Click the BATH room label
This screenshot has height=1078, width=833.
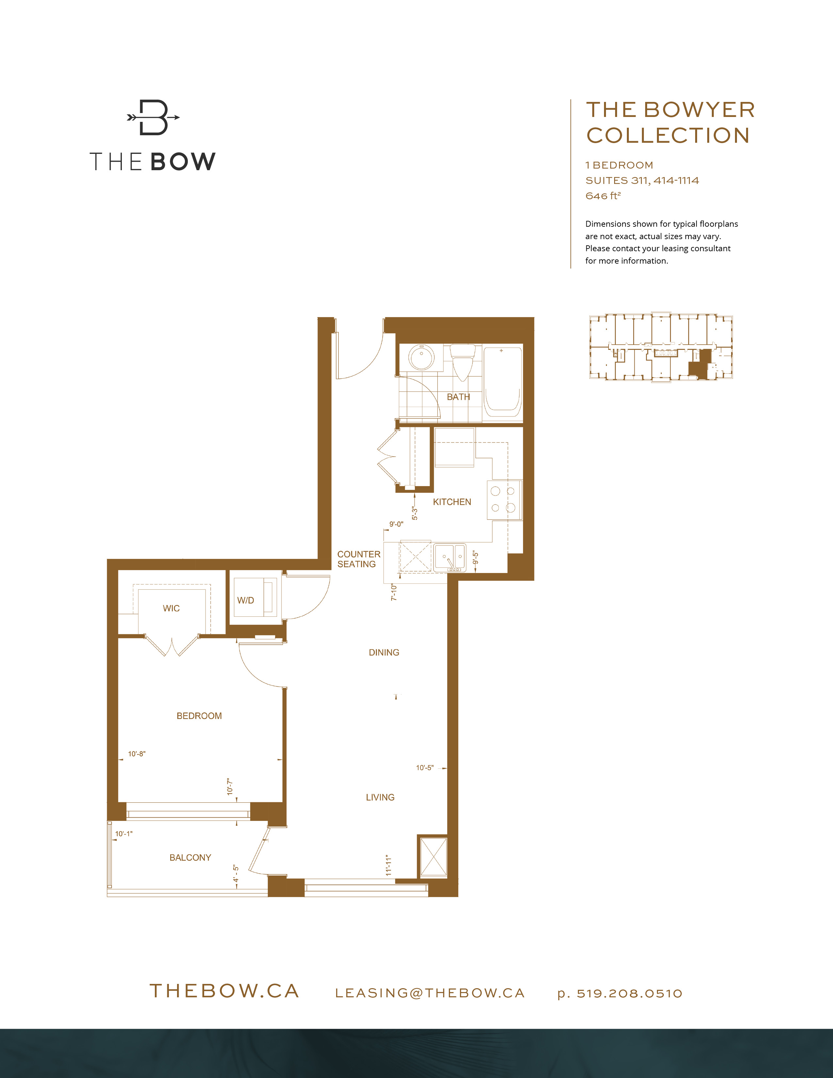click(458, 397)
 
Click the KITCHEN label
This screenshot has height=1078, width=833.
click(451, 502)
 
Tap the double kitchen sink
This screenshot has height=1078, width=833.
click(449, 557)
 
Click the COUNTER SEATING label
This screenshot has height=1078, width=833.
click(358, 559)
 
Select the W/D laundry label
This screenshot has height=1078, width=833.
click(245, 600)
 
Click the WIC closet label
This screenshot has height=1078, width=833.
click(171, 608)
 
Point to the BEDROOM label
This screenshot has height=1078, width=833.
click(199, 716)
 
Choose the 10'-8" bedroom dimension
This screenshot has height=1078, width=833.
click(137, 754)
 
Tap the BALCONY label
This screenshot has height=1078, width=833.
click(190, 857)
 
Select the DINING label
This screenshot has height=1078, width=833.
click(384, 653)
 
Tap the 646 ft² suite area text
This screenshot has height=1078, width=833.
click(603, 196)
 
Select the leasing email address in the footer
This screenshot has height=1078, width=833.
click(429, 993)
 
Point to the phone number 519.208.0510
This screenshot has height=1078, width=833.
click(629, 993)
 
